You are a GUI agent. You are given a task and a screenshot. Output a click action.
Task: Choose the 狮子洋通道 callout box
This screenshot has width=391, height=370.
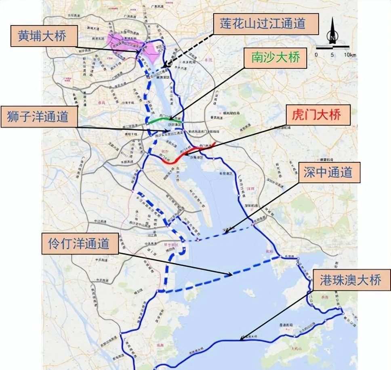tap(40, 118)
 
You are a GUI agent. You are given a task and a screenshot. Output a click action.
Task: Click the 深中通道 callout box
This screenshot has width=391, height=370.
tap(328, 173)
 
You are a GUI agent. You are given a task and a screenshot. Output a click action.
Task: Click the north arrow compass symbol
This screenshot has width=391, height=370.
tap(332, 33)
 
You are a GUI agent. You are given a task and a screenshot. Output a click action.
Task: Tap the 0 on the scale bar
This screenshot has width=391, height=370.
tap(316, 55)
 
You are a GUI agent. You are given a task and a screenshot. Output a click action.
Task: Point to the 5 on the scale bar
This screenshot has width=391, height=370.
tap(332, 55)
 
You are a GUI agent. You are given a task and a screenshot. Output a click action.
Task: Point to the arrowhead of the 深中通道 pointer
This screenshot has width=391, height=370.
tap(226, 232)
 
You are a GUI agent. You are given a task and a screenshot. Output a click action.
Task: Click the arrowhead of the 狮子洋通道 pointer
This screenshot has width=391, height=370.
tap(169, 131)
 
